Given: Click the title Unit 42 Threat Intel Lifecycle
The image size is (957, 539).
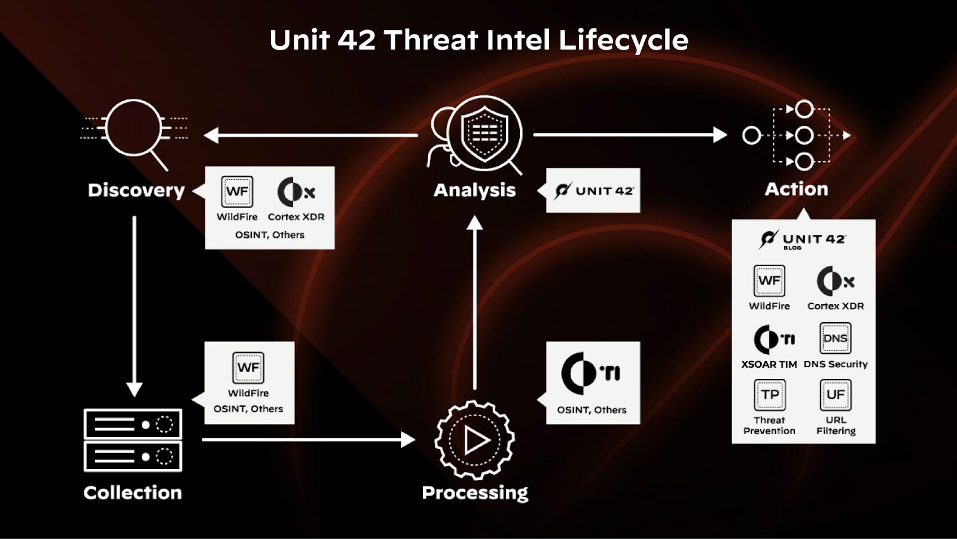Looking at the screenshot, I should pos(478,41).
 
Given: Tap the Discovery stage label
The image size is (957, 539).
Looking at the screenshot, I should pos(136,190).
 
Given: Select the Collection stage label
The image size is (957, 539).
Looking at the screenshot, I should pos(133,492).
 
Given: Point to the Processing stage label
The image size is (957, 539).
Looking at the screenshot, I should pos(475,492).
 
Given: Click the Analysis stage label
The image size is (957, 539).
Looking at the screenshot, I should pos(474,190).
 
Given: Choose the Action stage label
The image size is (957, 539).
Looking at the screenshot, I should pos(796,189).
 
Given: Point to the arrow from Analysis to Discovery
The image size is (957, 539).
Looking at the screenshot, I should pos(311,135).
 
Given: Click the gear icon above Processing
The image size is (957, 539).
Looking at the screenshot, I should pos(475,440).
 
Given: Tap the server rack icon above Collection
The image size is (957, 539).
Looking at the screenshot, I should pos(133,440).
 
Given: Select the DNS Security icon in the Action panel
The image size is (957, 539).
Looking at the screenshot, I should pos(835,338).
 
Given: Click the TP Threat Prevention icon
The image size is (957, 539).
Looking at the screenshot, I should pos(769,395).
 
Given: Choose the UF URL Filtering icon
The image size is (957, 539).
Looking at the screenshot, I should pos(835,395).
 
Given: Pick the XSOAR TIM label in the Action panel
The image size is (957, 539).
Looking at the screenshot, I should pos(769,364).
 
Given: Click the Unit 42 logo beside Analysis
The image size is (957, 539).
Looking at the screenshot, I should pos(593,190).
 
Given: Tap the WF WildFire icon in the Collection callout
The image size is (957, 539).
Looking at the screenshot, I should pos(248,367).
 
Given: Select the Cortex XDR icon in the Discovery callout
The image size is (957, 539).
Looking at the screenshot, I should pos(295,192).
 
